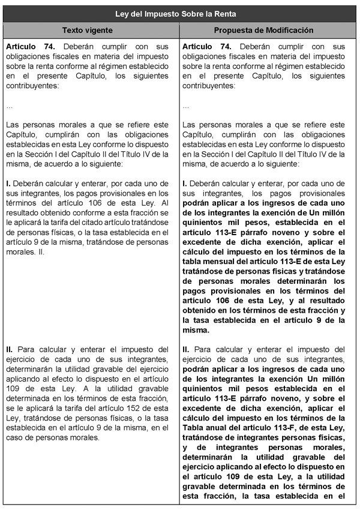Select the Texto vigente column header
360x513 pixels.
tap(91, 30)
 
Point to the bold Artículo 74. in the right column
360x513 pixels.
tap(205, 46)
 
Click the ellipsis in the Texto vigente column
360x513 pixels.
tap(9, 106)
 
